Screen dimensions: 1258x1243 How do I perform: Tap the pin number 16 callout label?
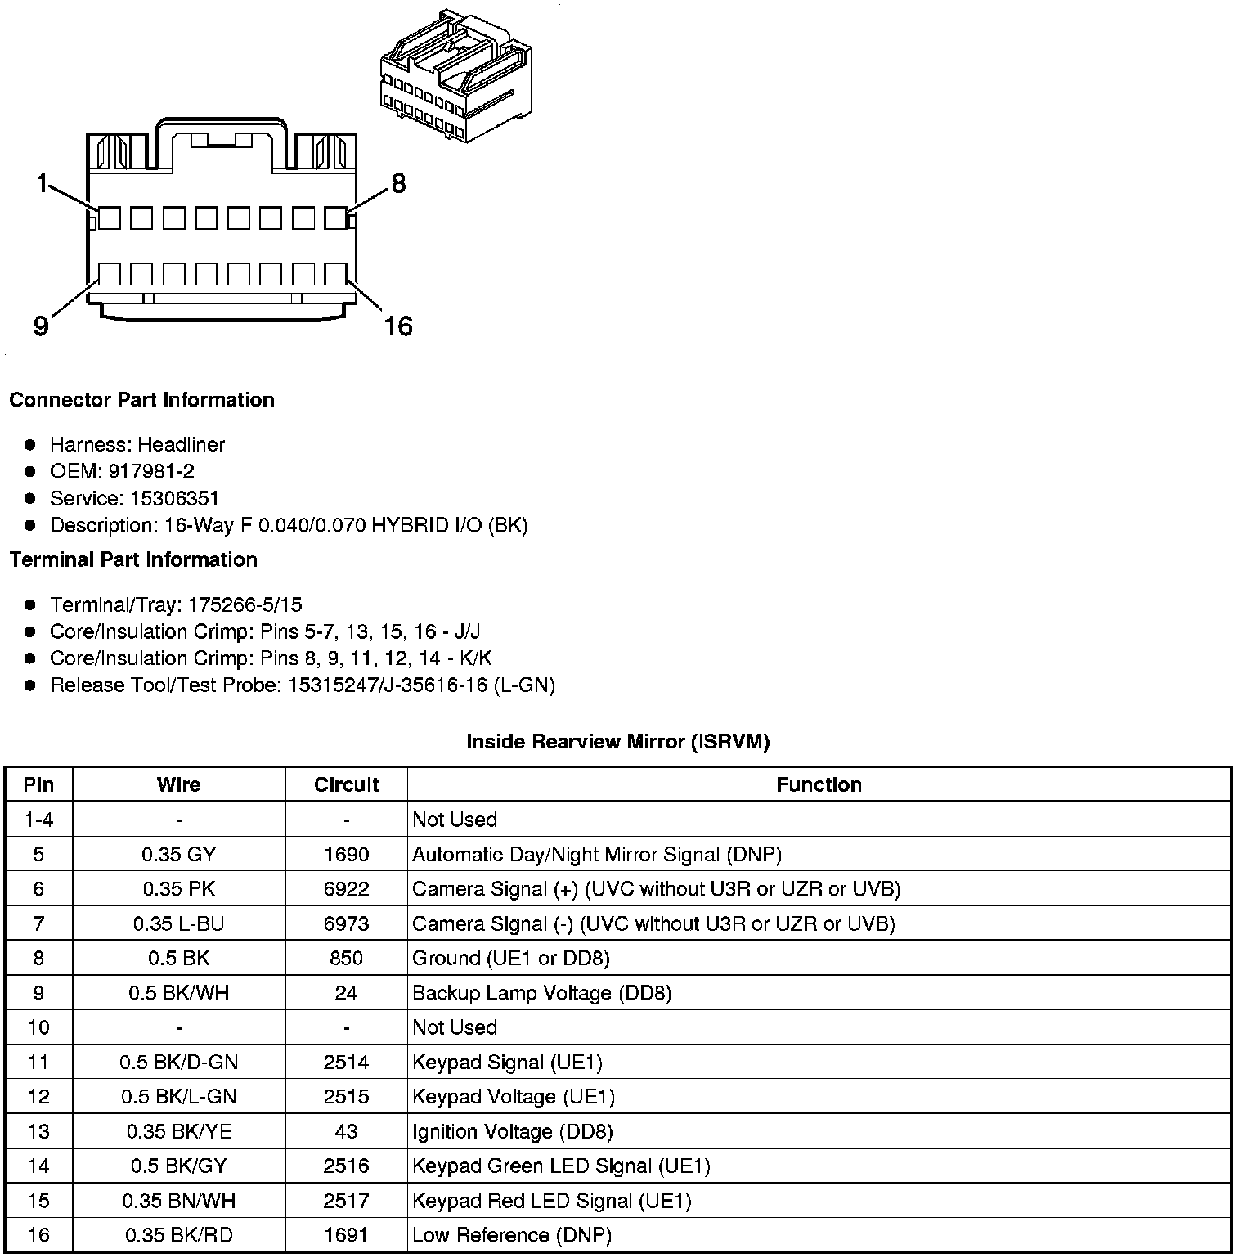398,326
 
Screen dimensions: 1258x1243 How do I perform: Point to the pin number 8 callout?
398,183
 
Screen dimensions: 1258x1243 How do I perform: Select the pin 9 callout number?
41,326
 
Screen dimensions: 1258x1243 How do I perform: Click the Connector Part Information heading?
141,400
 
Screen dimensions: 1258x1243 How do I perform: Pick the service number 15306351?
174,498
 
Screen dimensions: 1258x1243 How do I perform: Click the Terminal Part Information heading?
133,559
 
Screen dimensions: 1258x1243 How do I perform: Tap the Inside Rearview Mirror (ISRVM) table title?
617,742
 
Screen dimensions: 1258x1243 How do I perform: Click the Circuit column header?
346,784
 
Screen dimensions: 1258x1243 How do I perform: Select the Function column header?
819,784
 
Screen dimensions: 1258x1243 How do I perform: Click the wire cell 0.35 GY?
178,855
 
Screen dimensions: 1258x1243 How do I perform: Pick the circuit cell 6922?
346,889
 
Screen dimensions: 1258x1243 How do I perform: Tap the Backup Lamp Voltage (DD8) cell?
541,993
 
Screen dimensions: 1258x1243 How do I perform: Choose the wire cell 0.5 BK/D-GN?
178,1063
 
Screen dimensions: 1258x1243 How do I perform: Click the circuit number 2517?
346,1201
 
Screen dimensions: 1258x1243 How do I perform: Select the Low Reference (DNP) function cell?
512,1235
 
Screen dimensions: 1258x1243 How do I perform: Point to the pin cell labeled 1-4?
38,820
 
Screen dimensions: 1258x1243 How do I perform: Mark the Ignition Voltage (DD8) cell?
513,1131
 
